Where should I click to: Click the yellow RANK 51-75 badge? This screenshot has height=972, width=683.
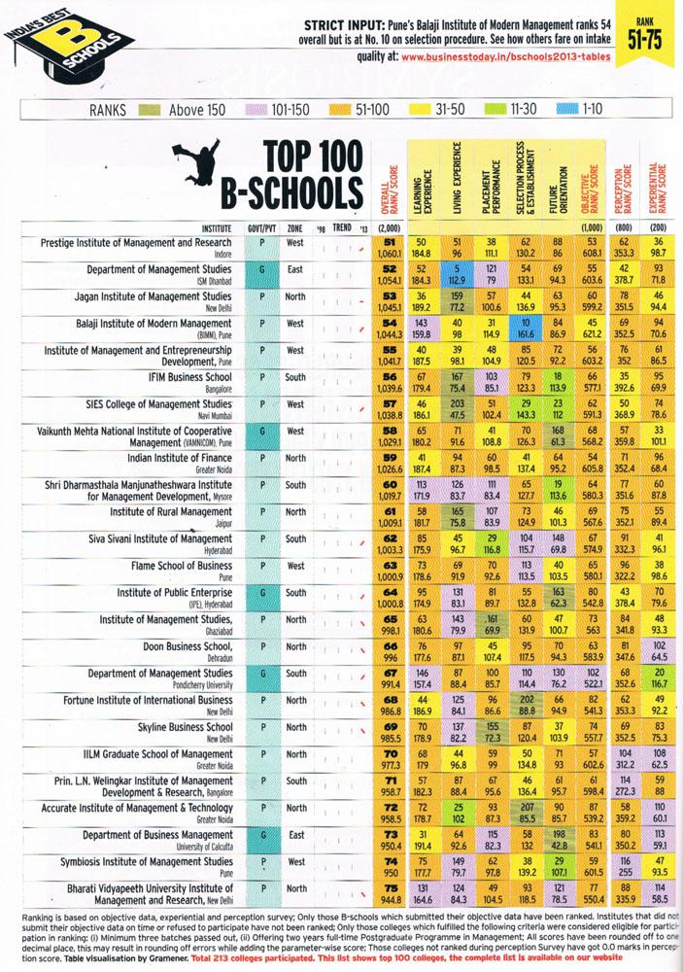tap(652, 34)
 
